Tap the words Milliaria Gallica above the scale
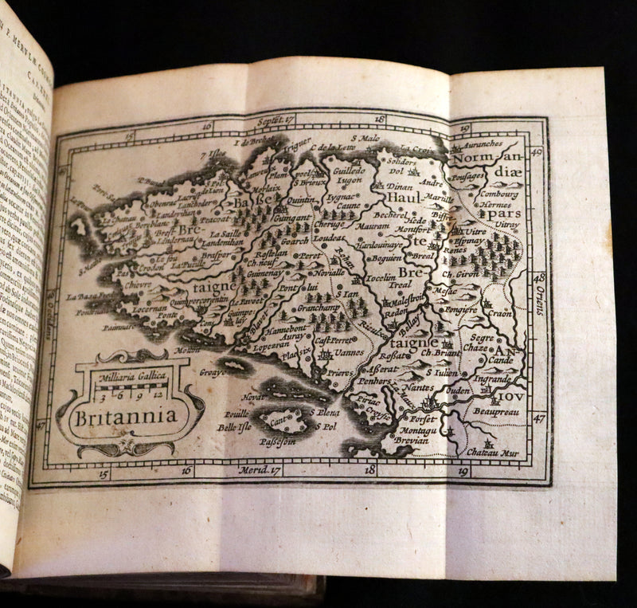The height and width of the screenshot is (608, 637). [x=130, y=374]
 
